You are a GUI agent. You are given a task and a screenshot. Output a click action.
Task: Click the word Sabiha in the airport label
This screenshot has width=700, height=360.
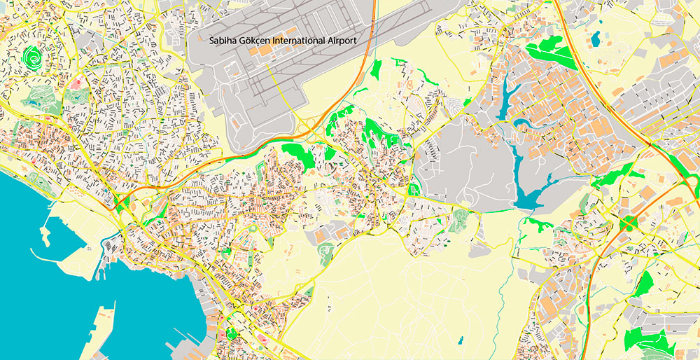(223, 41)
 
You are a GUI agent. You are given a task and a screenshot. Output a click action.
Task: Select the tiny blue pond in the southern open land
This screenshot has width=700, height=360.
(460, 341)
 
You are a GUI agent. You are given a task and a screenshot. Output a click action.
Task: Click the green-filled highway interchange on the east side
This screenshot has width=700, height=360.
(628, 223)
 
